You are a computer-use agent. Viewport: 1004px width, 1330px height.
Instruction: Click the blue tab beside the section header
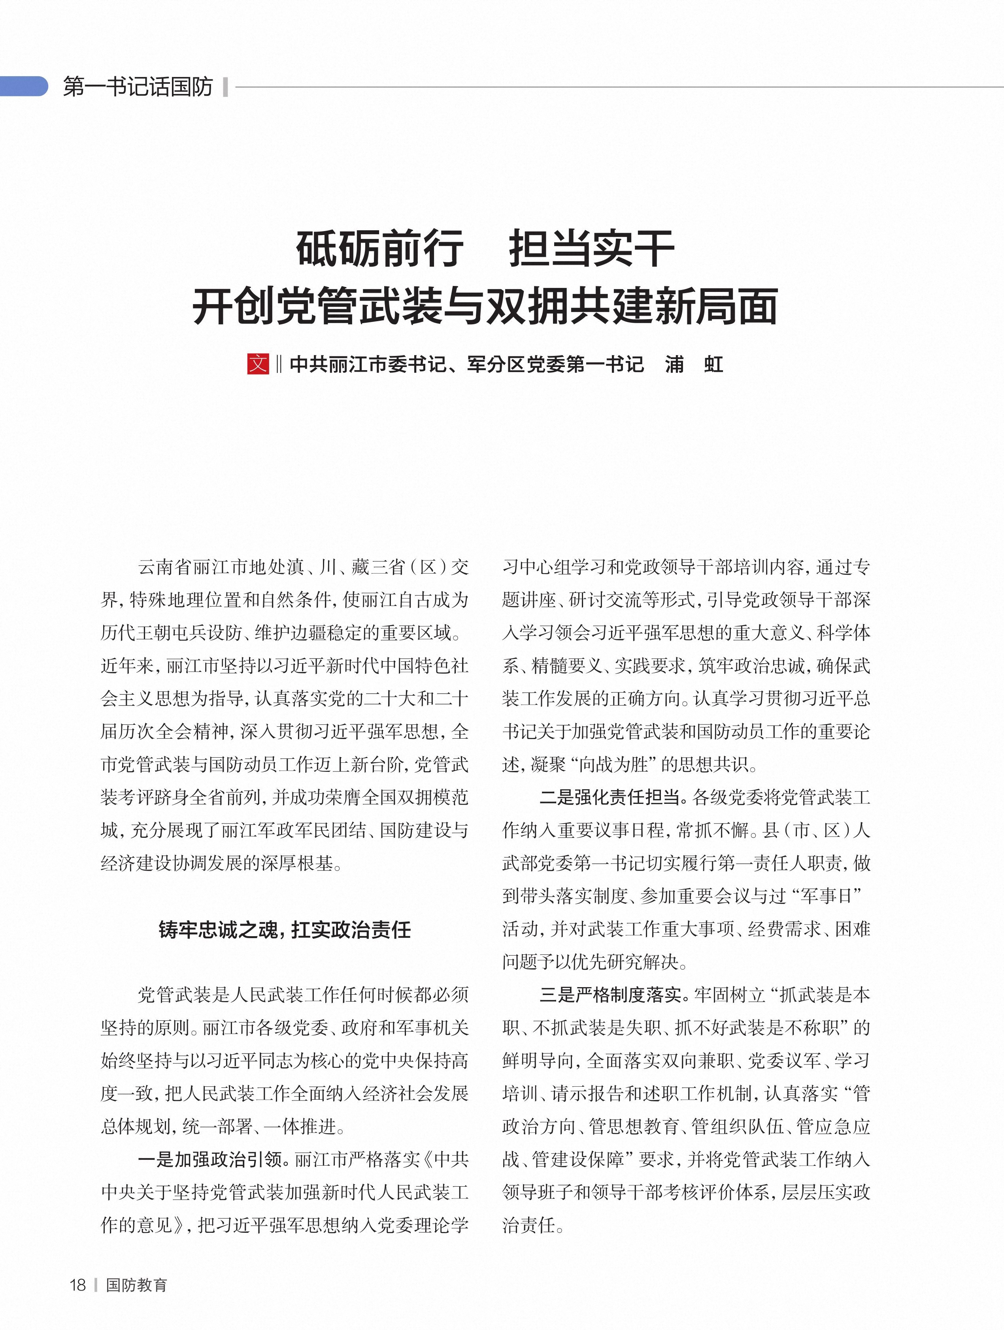[24, 87]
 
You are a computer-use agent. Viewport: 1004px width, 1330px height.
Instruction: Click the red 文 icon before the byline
[258, 364]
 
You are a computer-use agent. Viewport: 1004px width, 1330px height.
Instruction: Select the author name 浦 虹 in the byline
[694, 364]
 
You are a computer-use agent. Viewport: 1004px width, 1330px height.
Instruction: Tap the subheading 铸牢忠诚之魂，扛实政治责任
[285, 929]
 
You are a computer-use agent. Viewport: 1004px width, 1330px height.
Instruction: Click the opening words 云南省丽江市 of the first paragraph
[192, 566]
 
